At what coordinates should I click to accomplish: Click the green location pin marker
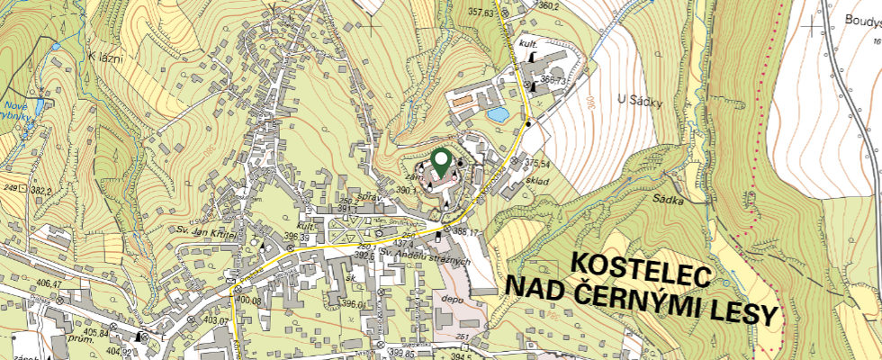coord(441,163)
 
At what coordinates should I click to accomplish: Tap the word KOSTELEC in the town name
coord(641,267)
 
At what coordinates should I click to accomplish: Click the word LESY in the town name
coord(741,314)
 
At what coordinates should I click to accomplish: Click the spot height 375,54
coord(536,163)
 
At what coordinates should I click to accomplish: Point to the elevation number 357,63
coord(482,13)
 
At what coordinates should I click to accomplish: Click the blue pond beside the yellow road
coord(496,114)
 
